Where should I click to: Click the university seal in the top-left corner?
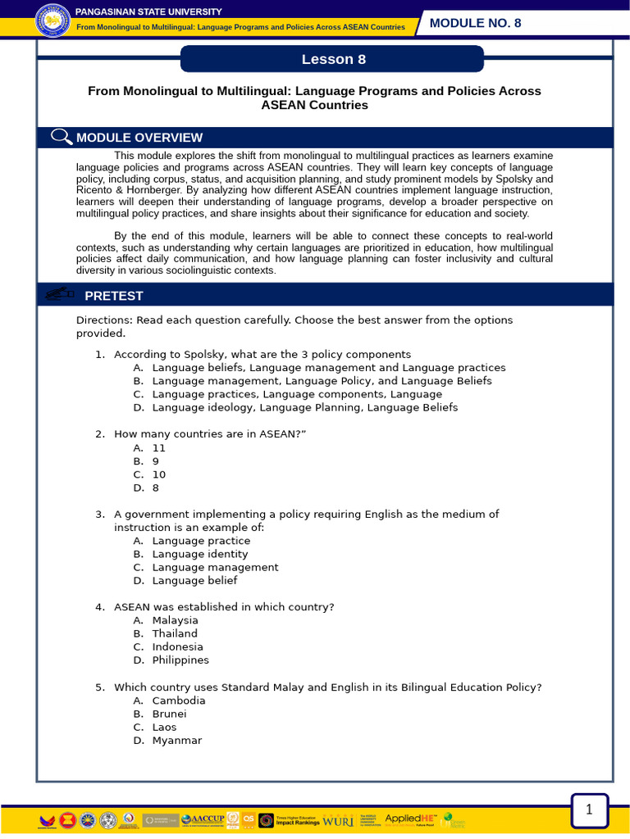click(53, 20)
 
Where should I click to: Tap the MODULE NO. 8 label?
click(475, 23)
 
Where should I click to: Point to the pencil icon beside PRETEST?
click(60, 294)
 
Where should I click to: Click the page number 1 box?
click(588, 810)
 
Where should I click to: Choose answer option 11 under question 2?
click(158, 448)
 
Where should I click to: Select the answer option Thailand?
click(175, 633)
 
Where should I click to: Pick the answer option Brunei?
click(169, 714)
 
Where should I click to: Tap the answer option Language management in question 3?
click(215, 567)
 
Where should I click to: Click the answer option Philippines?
click(180, 660)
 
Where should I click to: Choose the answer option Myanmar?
click(176, 740)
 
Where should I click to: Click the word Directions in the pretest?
click(103, 320)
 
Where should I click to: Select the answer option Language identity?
click(199, 554)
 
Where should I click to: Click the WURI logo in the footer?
click(339, 820)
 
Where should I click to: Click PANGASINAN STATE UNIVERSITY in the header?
click(148, 11)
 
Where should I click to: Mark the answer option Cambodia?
click(179, 701)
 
